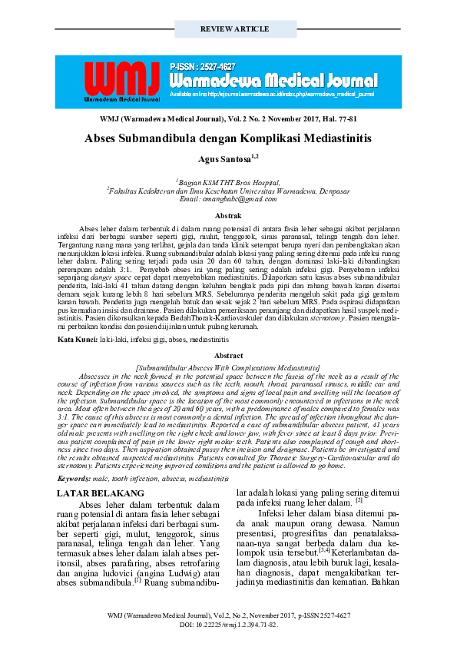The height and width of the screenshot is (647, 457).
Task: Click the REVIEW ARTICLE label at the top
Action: (228, 28)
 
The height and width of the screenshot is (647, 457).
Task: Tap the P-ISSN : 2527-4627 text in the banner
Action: (203, 68)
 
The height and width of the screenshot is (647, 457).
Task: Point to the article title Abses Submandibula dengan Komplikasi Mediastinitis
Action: (228, 139)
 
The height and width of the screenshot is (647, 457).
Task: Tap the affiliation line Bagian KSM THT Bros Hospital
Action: (228, 182)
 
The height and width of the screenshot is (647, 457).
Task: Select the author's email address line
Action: (228, 199)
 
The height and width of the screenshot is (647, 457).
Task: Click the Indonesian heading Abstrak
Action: (228, 217)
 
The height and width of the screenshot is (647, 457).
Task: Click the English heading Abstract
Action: (228, 356)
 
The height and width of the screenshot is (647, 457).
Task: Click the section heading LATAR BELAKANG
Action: (101, 493)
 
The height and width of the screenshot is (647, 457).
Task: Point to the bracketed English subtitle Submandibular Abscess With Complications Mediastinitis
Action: (228, 368)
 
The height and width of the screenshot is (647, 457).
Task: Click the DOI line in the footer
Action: (228, 625)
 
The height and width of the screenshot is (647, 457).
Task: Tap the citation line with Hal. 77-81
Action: (228, 121)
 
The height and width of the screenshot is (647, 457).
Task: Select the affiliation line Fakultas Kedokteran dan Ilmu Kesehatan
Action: (228, 191)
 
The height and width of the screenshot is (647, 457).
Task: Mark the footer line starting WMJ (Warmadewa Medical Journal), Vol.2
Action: (228, 615)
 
